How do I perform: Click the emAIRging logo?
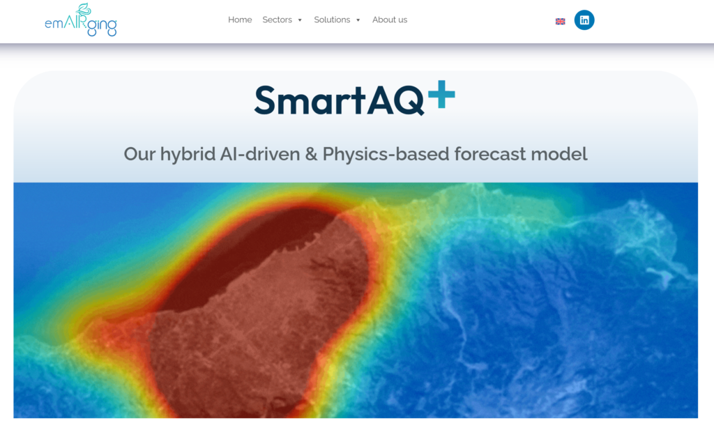[x=81, y=20]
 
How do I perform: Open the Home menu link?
[x=240, y=20]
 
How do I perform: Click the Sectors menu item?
[x=277, y=20]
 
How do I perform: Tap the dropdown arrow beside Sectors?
[x=300, y=20]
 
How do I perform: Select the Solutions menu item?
[x=332, y=20]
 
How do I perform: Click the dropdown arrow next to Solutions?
[x=358, y=20]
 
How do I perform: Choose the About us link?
[x=390, y=20]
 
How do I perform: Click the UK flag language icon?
[x=561, y=22]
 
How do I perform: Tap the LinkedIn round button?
[x=584, y=20]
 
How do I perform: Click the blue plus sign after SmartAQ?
[x=441, y=94]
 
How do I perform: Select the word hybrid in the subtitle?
[x=188, y=154]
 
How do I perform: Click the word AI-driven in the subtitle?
[x=260, y=154]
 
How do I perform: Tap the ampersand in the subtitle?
[x=312, y=154]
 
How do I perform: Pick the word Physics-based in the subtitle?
[x=386, y=154]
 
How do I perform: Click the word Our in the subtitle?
[x=139, y=154]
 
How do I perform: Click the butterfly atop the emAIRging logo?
[x=84, y=9]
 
